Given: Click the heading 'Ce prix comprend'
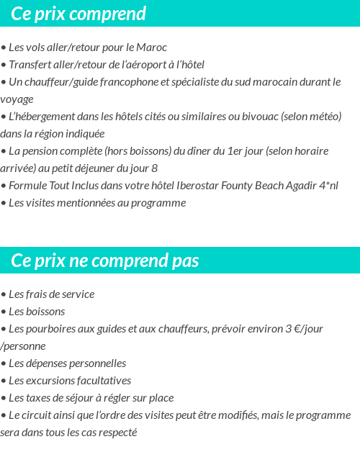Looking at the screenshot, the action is pyautogui.click(x=78, y=14).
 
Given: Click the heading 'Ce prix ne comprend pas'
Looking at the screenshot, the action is pyautogui.click(x=105, y=260).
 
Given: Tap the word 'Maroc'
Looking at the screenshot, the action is pyautogui.click(x=152, y=48).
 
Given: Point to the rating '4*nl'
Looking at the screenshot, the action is pyautogui.click(x=328, y=186).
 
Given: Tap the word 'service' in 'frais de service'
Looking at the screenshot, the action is pyautogui.click(x=77, y=294).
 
